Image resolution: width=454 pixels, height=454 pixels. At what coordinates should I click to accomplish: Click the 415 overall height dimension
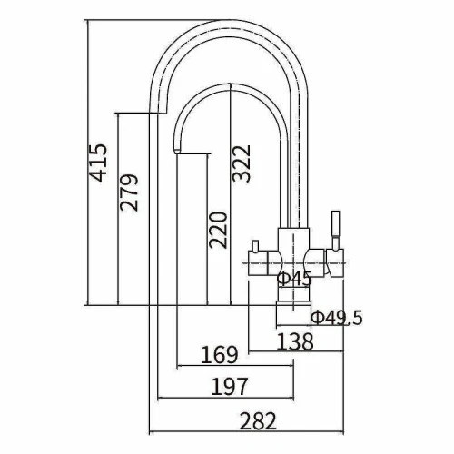click(x=99, y=163)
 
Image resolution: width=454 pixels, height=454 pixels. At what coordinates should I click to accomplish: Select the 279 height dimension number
click(x=129, y=192)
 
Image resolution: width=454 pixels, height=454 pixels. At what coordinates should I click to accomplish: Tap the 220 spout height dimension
click(x=218, y=230)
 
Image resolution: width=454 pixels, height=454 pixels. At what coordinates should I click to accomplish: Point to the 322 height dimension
click(x=242, y=163)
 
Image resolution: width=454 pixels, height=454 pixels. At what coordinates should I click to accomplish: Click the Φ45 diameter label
click(x=295, y=279)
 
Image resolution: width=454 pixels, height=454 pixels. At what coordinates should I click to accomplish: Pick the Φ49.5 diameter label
click(x=337, y=318)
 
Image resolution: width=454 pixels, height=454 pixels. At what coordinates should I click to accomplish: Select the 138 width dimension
click(x=295, y=341)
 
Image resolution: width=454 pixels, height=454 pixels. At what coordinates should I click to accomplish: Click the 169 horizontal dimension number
click(x=220, y=355)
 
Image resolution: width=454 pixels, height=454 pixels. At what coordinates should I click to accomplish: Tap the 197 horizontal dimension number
click(x=229, y=387)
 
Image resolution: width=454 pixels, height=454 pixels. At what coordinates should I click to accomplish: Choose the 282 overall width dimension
click(x=258, y=421)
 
